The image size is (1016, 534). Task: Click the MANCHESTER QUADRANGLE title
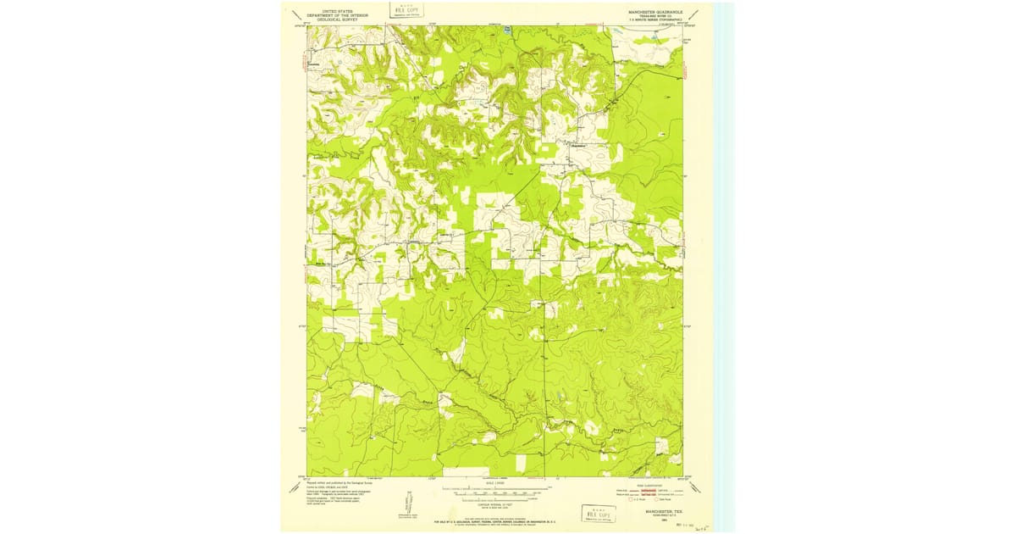point(654,12)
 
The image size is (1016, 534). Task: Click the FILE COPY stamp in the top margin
point(406,9)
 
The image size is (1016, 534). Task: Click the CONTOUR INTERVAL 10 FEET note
point(494,503)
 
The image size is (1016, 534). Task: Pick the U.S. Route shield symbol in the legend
point(621,501)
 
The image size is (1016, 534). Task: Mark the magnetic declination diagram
point(404,504)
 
